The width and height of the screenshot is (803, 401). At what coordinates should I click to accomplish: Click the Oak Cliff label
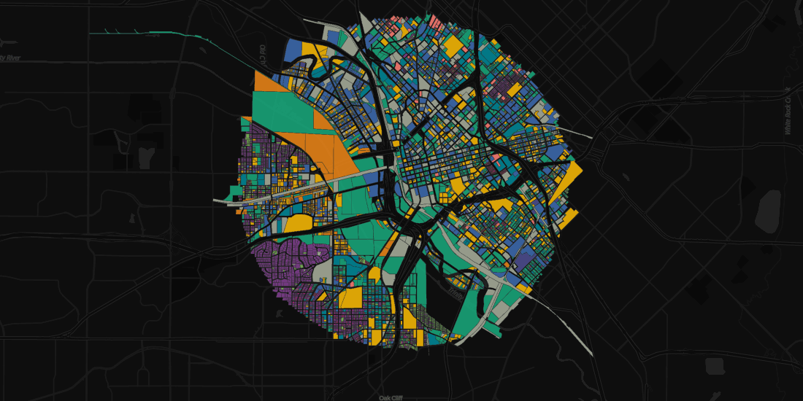tap(391, 397)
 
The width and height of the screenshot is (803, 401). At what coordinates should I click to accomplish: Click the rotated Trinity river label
tap(264, 55)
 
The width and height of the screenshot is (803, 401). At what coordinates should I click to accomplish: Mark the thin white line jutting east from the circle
tap(580, 136)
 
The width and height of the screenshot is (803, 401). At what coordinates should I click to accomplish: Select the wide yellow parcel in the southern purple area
tap(350, 297)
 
